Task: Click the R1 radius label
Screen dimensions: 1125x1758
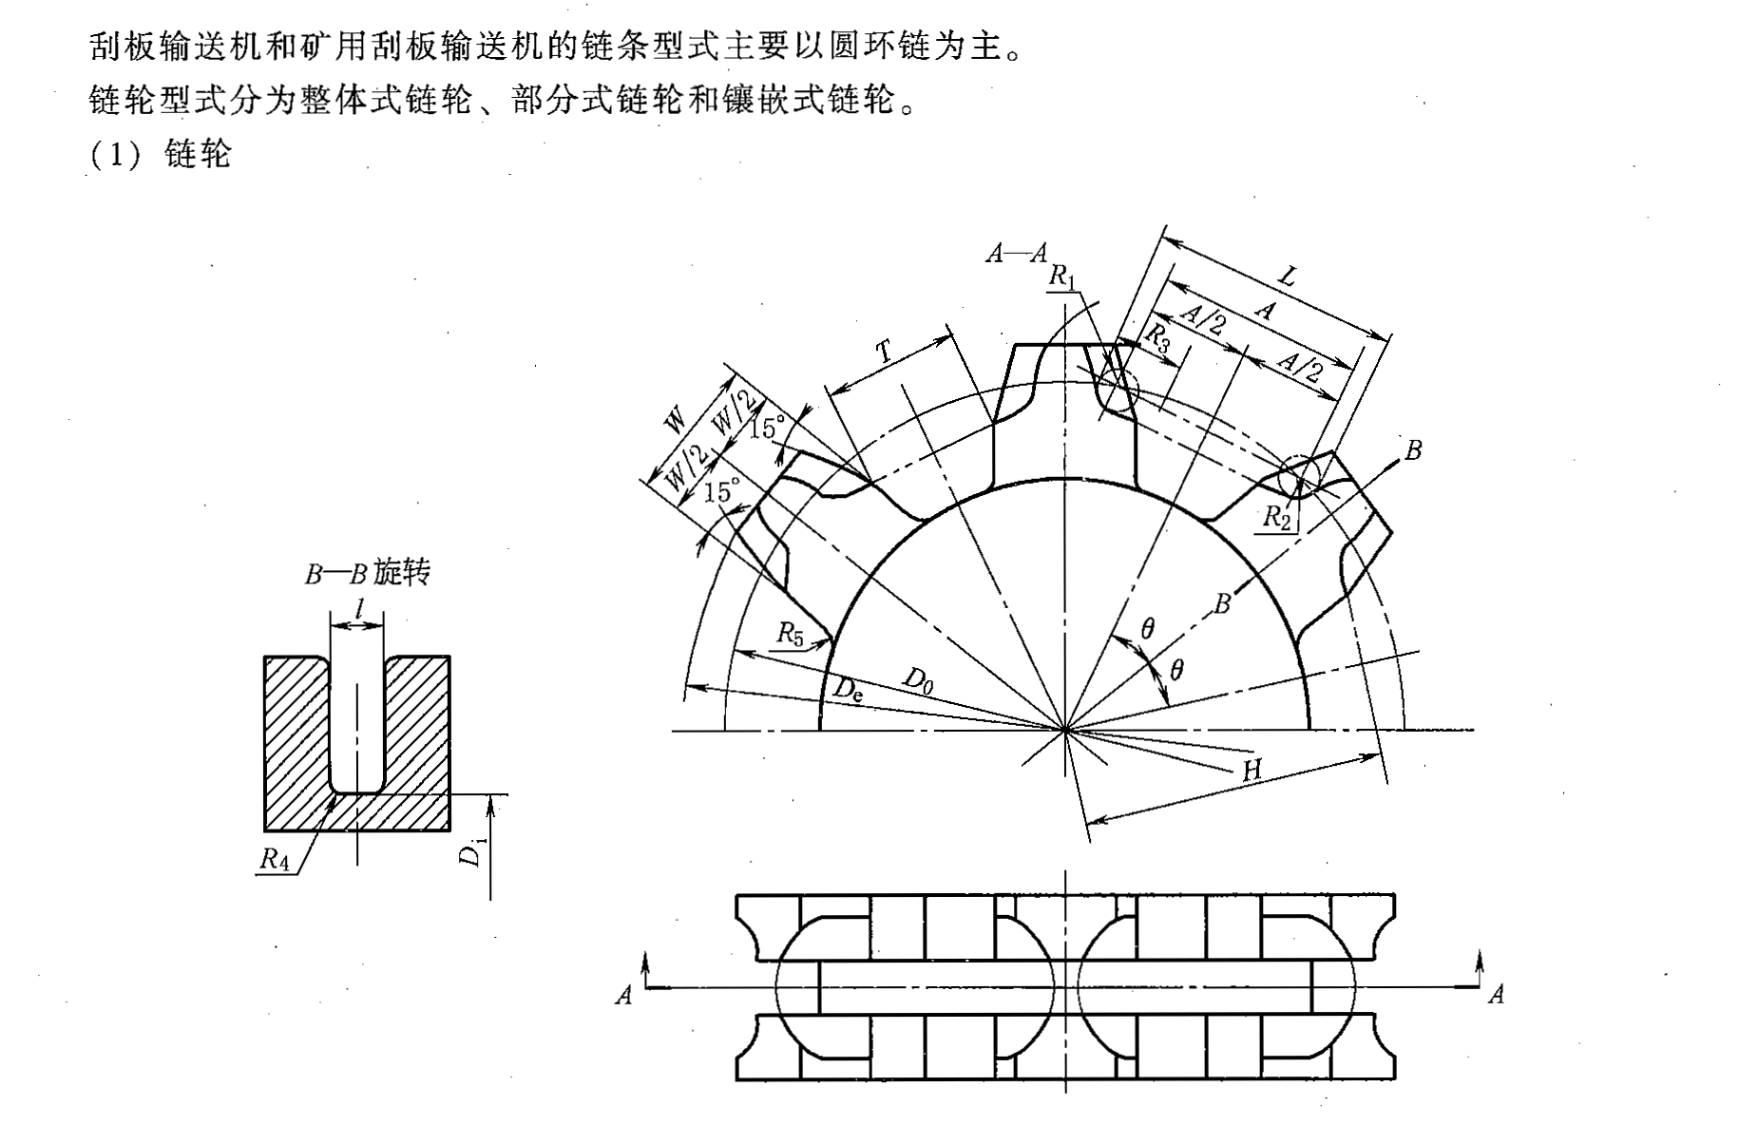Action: (x=1062, y=276)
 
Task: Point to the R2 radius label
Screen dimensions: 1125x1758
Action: (x=1276, y=517)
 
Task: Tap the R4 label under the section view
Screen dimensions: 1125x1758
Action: (x=274, y=860)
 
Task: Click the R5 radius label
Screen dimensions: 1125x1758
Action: (x=790, y=633)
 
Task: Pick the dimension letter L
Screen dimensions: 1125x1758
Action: (x=1287, y=276)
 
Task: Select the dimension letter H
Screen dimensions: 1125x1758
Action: (x=1252, y=770)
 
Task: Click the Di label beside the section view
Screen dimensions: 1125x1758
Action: (x=470, y=852)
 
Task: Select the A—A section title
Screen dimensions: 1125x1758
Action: (x=1016, y=253)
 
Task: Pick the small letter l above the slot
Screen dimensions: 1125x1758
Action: (x=357, y=607)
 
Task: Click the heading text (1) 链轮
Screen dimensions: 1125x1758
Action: (x=161, y=154)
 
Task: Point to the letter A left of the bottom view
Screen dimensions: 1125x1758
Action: (x=623, y=995)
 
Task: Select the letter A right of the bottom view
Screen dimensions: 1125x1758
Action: (x=1496, y=995)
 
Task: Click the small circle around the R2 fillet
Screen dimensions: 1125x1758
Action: (x=1300, y=476)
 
